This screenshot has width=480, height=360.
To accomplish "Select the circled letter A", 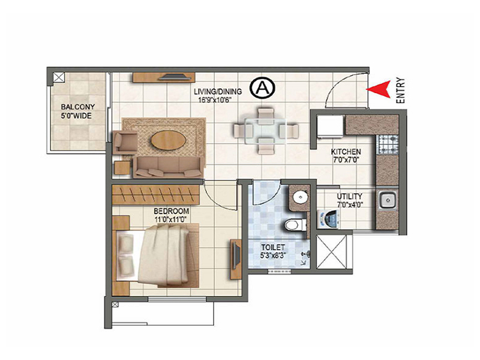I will coord(262,88).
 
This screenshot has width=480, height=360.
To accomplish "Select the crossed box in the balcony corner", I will coord(58,77).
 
